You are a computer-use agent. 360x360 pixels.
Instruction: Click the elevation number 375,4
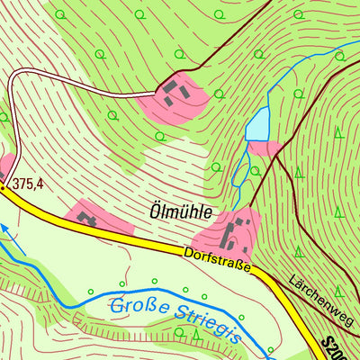27,184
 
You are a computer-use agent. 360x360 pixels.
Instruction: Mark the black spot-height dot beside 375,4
4,187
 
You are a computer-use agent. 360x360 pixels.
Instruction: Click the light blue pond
258,124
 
